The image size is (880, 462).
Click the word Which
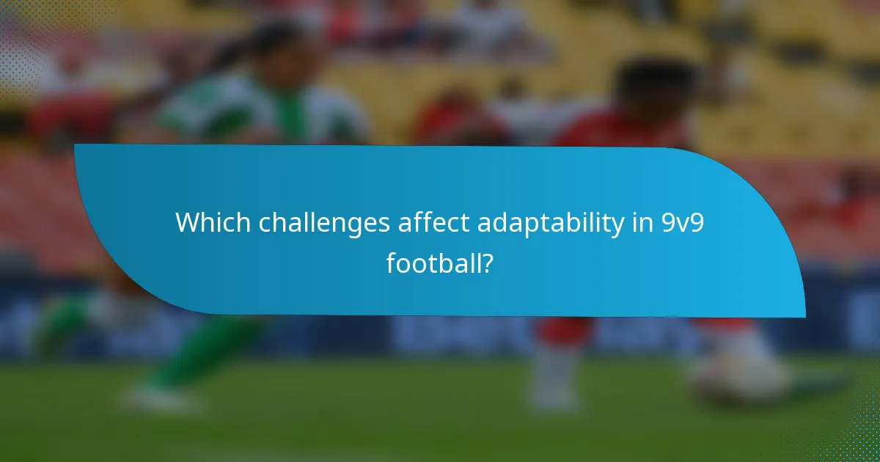pyautogui.click(x=206, y=223)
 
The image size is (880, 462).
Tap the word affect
pyautogui.click(x=433, y=223)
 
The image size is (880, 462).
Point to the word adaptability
pyautogui.click(x=548, y=223)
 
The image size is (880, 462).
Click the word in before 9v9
pyautogui.click(x=639, y=223)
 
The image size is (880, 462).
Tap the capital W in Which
pyautogui.click(x=188, y=223)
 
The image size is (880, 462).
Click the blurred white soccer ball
pyautogui.click(x=737, y=373)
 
